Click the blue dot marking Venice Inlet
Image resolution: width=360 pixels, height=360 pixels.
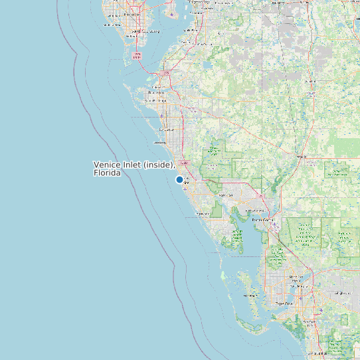pyautogui.click(x=179, y=179)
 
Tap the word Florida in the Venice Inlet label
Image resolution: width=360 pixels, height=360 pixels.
pyautogui.click(x=108, y=173)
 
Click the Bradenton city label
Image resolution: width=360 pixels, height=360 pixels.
pyautogui.click(x=158, y=92)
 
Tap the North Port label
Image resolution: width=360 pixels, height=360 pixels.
pyautogui.click(x=226, y=195)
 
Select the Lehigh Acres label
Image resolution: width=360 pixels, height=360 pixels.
pyautogui.click(x=342, y=292)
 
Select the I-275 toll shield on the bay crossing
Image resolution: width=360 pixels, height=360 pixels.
pyautogui.click(x=137, y=55)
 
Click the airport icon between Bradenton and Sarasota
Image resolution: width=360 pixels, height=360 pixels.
pyautogui.click(x=161, y=116)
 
